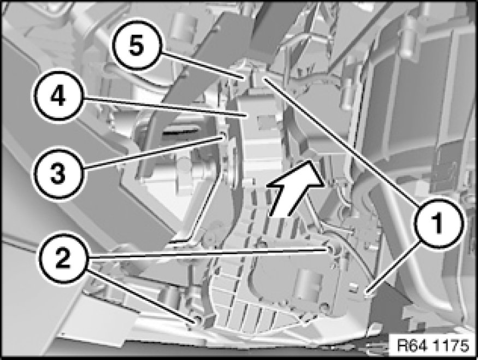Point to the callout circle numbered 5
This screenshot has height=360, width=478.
pyautogui.click(x=135, y=46)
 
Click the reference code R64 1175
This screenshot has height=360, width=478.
pyautogui.click(x=433, y=345)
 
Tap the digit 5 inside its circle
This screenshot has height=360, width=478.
pyautogui.click(x=136, y=46)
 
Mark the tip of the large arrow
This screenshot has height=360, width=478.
pyautogui.click(x=310, y=161)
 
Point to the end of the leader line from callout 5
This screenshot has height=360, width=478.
pyautogui.click(x=245, y=78)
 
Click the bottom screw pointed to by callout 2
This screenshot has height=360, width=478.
pyautogui.click(x=195, y=321)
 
